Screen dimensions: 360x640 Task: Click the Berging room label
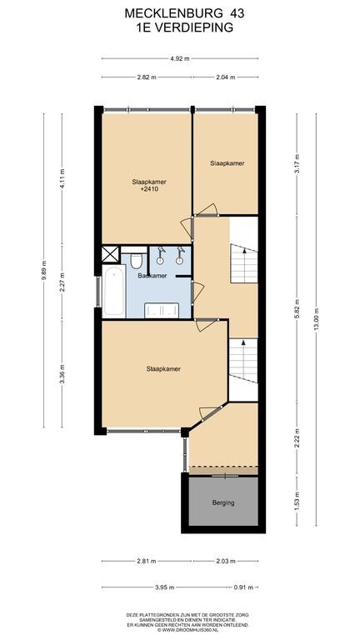223,502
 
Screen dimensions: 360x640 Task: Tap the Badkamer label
152,276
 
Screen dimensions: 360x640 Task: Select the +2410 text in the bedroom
149,189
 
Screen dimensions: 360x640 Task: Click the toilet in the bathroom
136,260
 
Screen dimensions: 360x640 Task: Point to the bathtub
114,291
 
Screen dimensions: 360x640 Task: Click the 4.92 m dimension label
180,58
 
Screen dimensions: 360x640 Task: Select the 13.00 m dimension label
316,319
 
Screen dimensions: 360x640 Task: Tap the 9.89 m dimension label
43,270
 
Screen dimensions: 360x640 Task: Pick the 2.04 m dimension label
226,77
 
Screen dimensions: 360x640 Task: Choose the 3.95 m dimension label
165,587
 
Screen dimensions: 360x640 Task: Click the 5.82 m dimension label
297,309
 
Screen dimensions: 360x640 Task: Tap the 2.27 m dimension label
62,282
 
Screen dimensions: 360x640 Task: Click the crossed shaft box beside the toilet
110,254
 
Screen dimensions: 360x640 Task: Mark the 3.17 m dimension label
297,164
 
